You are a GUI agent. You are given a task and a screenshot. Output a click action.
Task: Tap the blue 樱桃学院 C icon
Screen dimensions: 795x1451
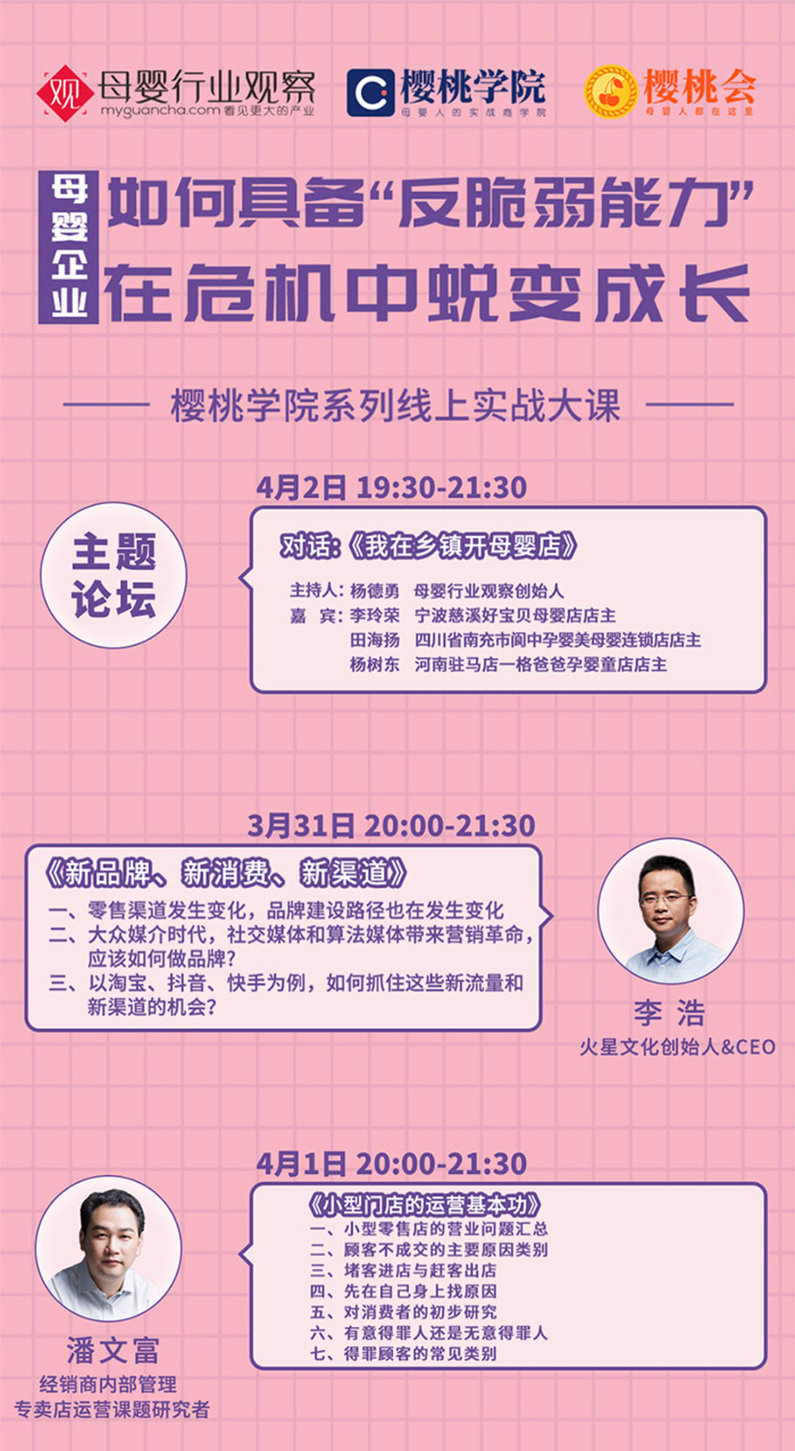(370, 93)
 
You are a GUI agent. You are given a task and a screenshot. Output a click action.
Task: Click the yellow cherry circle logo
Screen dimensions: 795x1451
(610, 92)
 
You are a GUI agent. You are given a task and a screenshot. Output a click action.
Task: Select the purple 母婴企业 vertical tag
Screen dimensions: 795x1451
(68, 248)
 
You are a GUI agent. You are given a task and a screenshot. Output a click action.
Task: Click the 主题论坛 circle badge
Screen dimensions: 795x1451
(113, 575)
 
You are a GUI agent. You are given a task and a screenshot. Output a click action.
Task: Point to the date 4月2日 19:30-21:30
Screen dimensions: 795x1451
(392, 488)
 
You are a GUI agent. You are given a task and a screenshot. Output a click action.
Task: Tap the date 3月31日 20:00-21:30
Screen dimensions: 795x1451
(391, 826)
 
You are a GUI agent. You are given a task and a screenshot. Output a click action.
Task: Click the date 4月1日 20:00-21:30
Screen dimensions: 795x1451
(392, 1164)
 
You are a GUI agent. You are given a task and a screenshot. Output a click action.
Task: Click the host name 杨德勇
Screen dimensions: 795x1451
(375, 591)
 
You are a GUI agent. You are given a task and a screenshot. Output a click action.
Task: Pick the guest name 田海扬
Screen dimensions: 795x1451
(375, 640)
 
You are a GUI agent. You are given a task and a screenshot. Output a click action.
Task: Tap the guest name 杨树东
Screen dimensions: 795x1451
(375, 664)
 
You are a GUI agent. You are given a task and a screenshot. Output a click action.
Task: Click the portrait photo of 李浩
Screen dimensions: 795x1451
(671, 911)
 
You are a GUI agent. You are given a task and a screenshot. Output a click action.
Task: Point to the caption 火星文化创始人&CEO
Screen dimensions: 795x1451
(677, 1047)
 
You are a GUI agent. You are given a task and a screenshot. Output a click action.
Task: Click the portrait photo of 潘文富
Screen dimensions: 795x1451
(109, 1249)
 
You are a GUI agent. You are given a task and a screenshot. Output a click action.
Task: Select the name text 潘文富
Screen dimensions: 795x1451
(113, 1350)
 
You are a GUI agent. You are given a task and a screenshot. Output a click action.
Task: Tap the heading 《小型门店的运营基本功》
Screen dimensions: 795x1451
(424, 1205)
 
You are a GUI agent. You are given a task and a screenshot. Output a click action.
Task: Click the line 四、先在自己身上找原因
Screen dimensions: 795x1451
(403, 1291)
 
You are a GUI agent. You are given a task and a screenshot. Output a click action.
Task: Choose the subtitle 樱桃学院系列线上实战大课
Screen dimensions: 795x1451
(396, 405)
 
